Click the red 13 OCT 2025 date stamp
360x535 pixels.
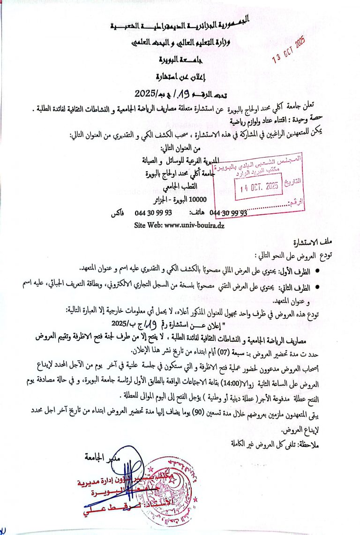coord(290,51)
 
